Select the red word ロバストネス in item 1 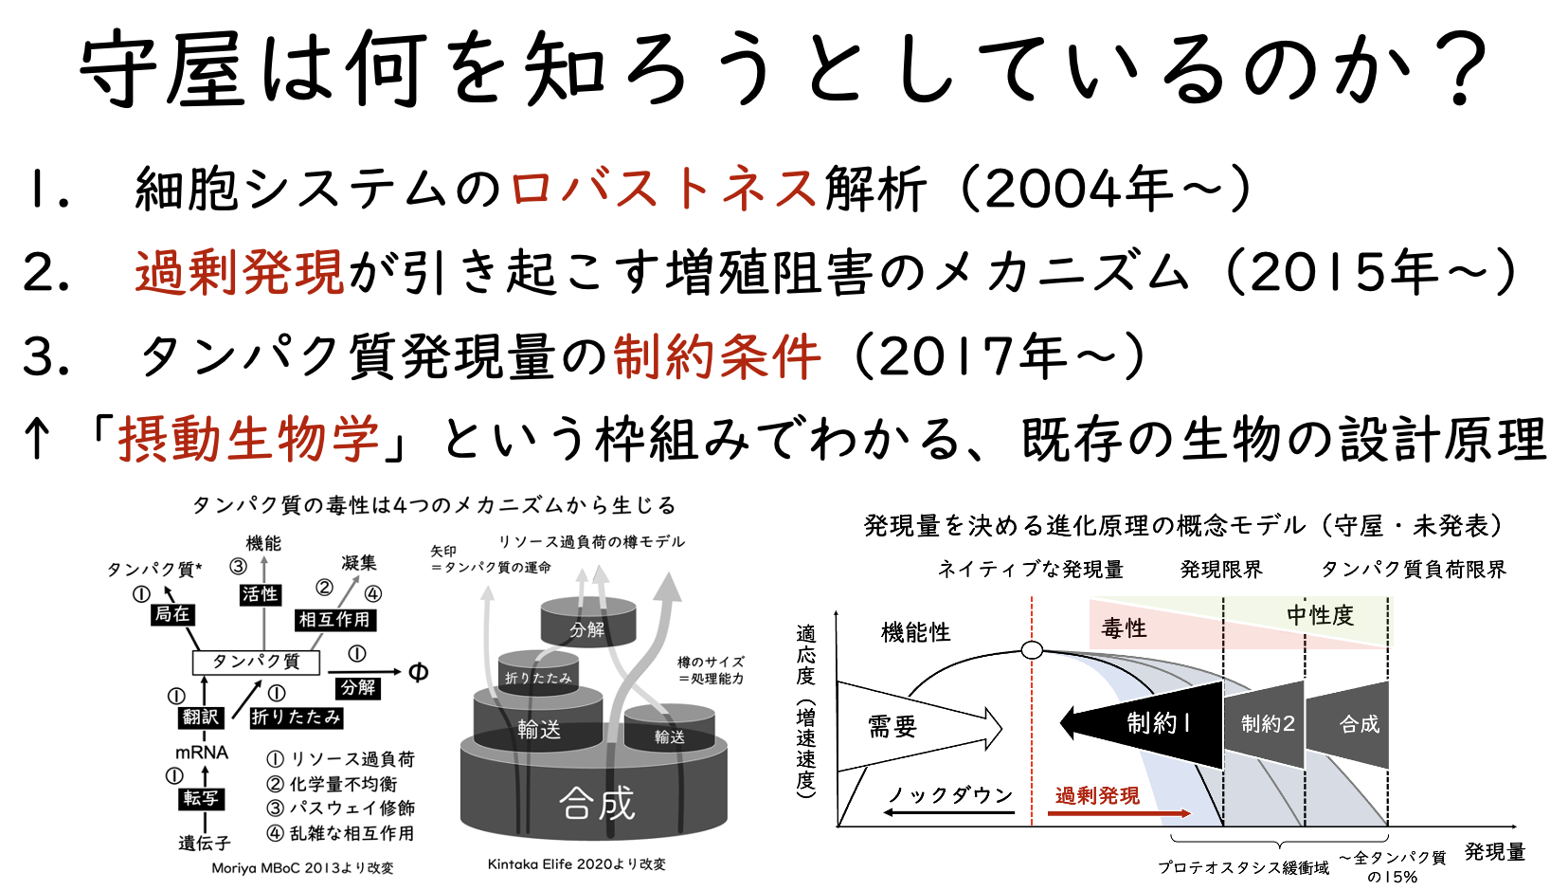[663, 189]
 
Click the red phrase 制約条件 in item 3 [717, 356]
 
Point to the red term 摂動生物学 [249, 440]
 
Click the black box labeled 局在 [172, 614]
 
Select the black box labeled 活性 [260, 593]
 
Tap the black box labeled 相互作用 [333, 619]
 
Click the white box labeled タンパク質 [256, 662]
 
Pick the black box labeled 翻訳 [201, 717]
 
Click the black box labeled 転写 [201, 797]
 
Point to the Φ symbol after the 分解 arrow [418, 672]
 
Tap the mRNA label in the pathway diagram [202, 753]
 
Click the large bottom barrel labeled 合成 [594, 795]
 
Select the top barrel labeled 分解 [588, 622]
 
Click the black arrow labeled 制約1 [1142, 724]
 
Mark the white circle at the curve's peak [1032, 650]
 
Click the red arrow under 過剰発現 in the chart [1119, 813]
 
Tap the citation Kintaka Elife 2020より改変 [576, 864]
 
